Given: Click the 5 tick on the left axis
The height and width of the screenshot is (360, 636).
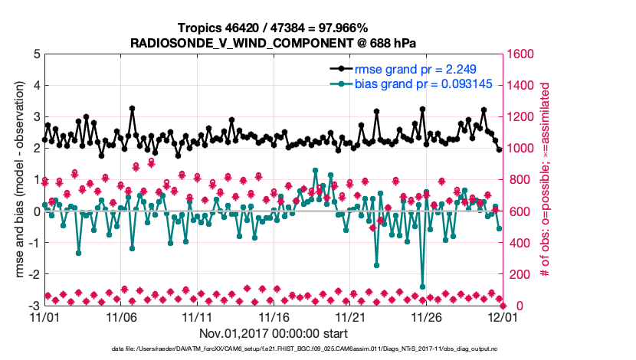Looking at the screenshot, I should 36,54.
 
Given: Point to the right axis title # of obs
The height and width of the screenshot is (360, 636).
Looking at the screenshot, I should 545,179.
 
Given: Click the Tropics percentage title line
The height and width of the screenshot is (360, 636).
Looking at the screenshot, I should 273,28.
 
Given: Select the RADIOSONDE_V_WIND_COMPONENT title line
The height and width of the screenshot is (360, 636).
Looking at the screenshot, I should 273,41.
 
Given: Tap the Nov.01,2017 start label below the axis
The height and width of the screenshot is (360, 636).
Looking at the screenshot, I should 274,333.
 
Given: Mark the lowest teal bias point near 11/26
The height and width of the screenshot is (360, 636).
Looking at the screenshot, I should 423,286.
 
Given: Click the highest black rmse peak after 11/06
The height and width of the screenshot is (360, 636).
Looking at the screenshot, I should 133,109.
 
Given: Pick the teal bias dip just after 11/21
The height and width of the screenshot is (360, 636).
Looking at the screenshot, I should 377,265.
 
